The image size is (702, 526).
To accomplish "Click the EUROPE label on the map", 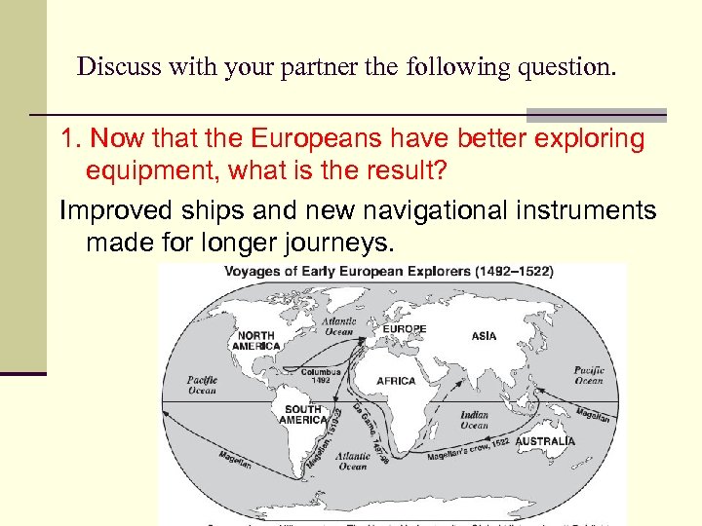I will pyautogui.click(x=404, y=329).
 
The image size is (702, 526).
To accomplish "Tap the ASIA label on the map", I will pyautogui.click(x=484, y=336).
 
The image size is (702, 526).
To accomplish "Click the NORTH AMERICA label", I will pyautogui.click(x=255, y=341).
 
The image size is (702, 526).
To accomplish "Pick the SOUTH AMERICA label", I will pyautogui.click(x=303, y=415).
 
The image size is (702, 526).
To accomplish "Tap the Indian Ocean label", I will pyautogui.click(x=475, y=420).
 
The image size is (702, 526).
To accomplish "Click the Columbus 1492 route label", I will pyautogui.click(x=321, y=377).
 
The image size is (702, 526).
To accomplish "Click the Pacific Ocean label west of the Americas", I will pyautogui.click(x=202, y=385).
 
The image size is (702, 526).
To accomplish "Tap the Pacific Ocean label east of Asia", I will pyautogui.click(x=589, y=375).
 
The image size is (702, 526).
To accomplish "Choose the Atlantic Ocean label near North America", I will pyautogui.click(x=339, y=326).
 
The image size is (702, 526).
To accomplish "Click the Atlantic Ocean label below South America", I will pyautogui.click(x=353, y=461).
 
